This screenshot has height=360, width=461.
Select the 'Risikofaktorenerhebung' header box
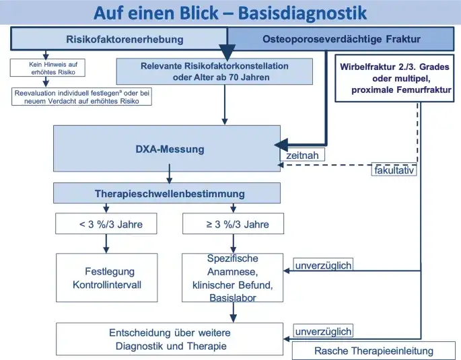[119, 39]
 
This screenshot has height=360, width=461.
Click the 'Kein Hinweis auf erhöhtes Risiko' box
[44, 69]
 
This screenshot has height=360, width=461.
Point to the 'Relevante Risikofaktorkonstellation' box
[215, 71]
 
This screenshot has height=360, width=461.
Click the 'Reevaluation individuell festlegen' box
[82, 96]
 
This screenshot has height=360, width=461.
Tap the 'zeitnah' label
[302, 155]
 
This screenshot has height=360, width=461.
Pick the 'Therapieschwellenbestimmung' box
[169, 194]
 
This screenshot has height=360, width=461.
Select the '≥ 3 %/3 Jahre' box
[233, 225]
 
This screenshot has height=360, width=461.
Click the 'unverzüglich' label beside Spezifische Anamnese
[323, 265]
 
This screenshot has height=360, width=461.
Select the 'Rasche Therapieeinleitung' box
[374, 351]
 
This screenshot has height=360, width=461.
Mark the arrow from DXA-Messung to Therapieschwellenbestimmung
[169, 178]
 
